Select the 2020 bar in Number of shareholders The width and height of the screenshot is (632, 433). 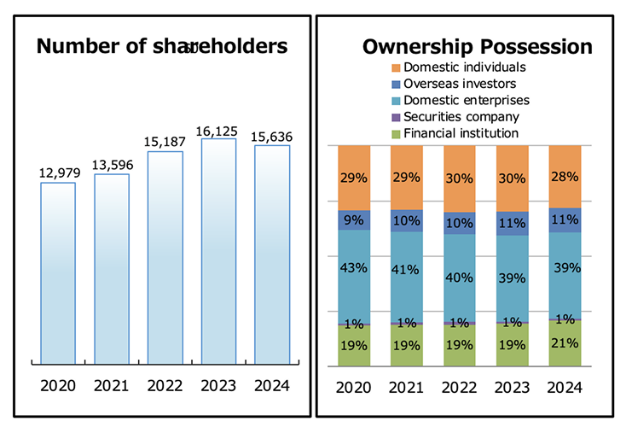pos(59,273)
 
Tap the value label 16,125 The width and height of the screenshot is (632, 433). pos(218,129)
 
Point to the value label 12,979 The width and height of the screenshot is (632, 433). pos(59,173)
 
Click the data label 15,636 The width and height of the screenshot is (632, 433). pos(272,136)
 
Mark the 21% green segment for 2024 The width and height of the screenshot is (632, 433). pos(565,343)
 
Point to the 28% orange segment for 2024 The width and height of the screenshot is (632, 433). pos(565,177)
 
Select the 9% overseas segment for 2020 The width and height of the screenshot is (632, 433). pos(353,220)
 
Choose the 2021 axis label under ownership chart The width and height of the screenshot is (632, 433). pos(407,387)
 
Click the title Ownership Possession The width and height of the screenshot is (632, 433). pos(477,46)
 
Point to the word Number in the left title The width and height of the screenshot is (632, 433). pos(72,46)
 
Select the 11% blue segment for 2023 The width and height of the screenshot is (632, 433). pos(512,223)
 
